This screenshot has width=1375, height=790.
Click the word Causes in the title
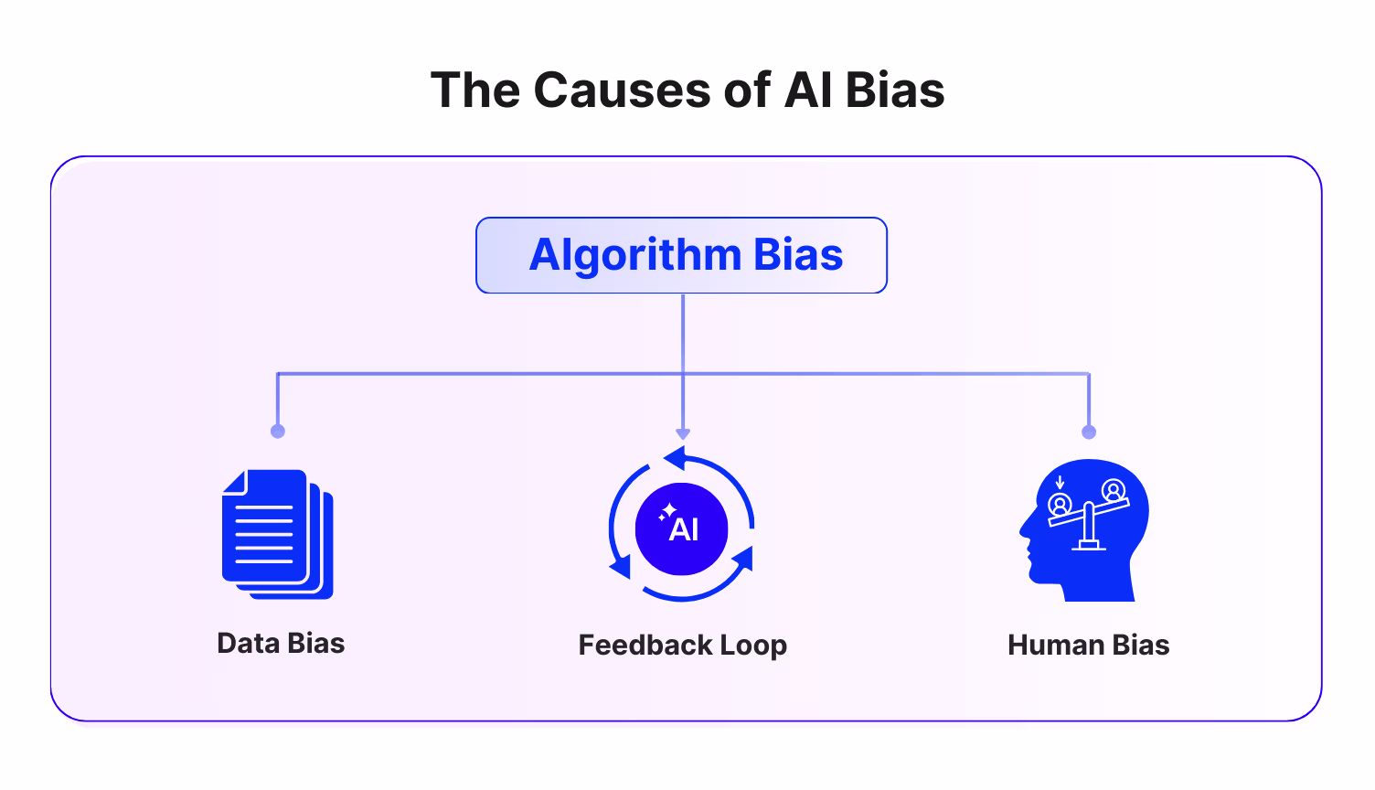tap(621, 91)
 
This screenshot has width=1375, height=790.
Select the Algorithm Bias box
tap(681, 255)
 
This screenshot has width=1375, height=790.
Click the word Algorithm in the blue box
tap(634, 255)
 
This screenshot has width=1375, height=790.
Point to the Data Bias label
tap(281, 643)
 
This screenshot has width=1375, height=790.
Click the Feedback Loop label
tap(682, 645)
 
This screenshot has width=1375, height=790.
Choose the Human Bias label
tap(1088, 645)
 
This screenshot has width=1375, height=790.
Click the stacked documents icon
tap(276, 534)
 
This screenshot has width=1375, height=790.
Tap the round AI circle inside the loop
tap(681, 528)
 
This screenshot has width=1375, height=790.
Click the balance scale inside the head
tap(1088, 517)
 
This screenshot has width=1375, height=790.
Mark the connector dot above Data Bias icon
tap(278, 431)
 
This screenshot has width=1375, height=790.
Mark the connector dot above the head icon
tap(1088, 432)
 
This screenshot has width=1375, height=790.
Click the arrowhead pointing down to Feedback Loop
tap(683, 434)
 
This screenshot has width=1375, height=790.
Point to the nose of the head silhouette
tap(1024, 531)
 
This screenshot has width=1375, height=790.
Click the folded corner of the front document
tap(234, 482)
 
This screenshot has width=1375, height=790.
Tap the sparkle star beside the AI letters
tap(668, 512)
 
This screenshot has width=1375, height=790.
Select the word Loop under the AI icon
tap(752, 645)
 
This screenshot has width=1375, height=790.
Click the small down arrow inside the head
tap(1060, 482)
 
